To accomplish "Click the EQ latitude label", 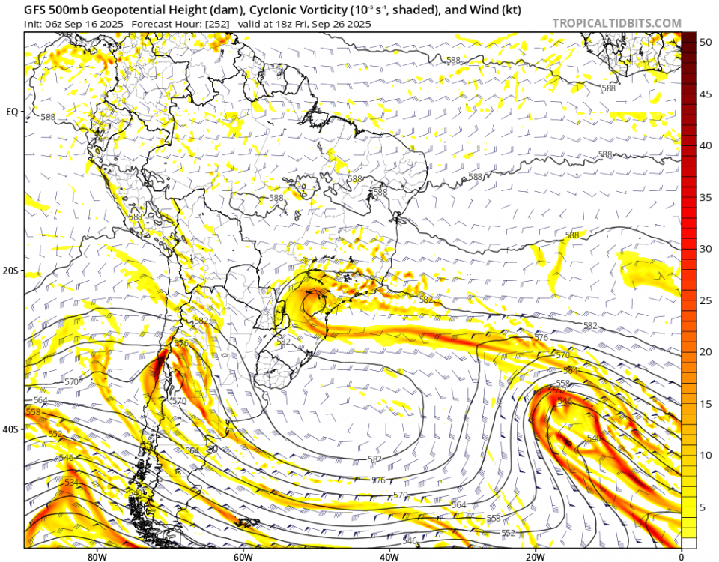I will coord(12,112).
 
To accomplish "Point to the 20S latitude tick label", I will coord(12,271).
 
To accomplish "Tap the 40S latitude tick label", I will coord(12,429).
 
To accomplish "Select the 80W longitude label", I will coord(96,556).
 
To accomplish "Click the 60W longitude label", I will coord(242,556).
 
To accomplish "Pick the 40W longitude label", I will coord(388,556).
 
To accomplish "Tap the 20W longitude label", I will coord(534,556).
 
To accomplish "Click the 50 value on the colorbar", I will coord(705,43).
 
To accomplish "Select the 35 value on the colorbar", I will coord(705,198).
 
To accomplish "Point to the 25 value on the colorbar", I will coord(705,301).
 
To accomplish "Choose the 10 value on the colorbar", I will coord(705,456).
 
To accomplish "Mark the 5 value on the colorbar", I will coord(702,507).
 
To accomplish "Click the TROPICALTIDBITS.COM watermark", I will coord(616,23).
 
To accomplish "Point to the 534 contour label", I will coord(71,482).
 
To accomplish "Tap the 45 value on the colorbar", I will coord(705,94).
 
